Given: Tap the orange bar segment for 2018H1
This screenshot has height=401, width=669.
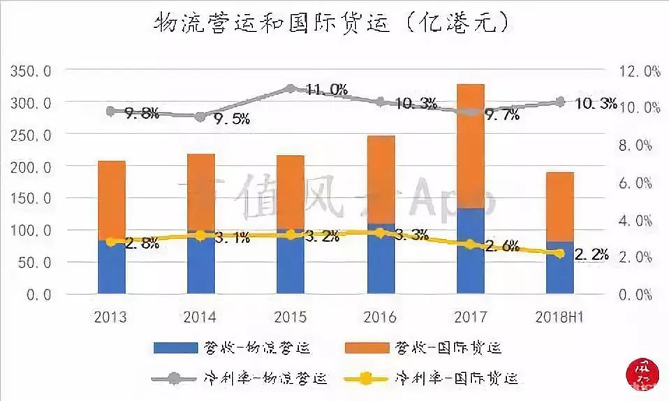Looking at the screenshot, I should coord(559,207).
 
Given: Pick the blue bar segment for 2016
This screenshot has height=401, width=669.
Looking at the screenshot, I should coord(381,259).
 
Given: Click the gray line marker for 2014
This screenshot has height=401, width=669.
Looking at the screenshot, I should coord(200,117).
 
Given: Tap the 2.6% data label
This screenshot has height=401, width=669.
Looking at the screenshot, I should coord(501,245).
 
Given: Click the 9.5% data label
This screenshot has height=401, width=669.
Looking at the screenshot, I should coord(230,119).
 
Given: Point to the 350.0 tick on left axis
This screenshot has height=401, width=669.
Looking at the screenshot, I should coord(29,71).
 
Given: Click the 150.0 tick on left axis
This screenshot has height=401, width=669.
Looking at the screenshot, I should coord(29,198).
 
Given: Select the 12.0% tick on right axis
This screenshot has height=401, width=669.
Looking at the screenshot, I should coord(639,71).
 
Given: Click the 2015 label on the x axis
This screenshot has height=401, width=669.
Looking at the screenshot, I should coord(291,317).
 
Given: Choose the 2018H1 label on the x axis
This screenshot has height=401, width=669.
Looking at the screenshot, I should coord(559,317).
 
